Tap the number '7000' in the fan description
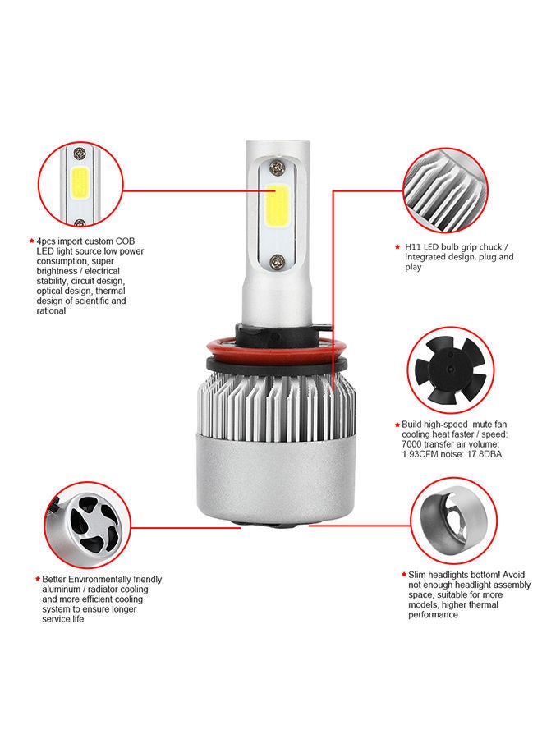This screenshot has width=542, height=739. [x=415, y=444]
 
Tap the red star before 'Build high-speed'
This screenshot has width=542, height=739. [x=397, y=425]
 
